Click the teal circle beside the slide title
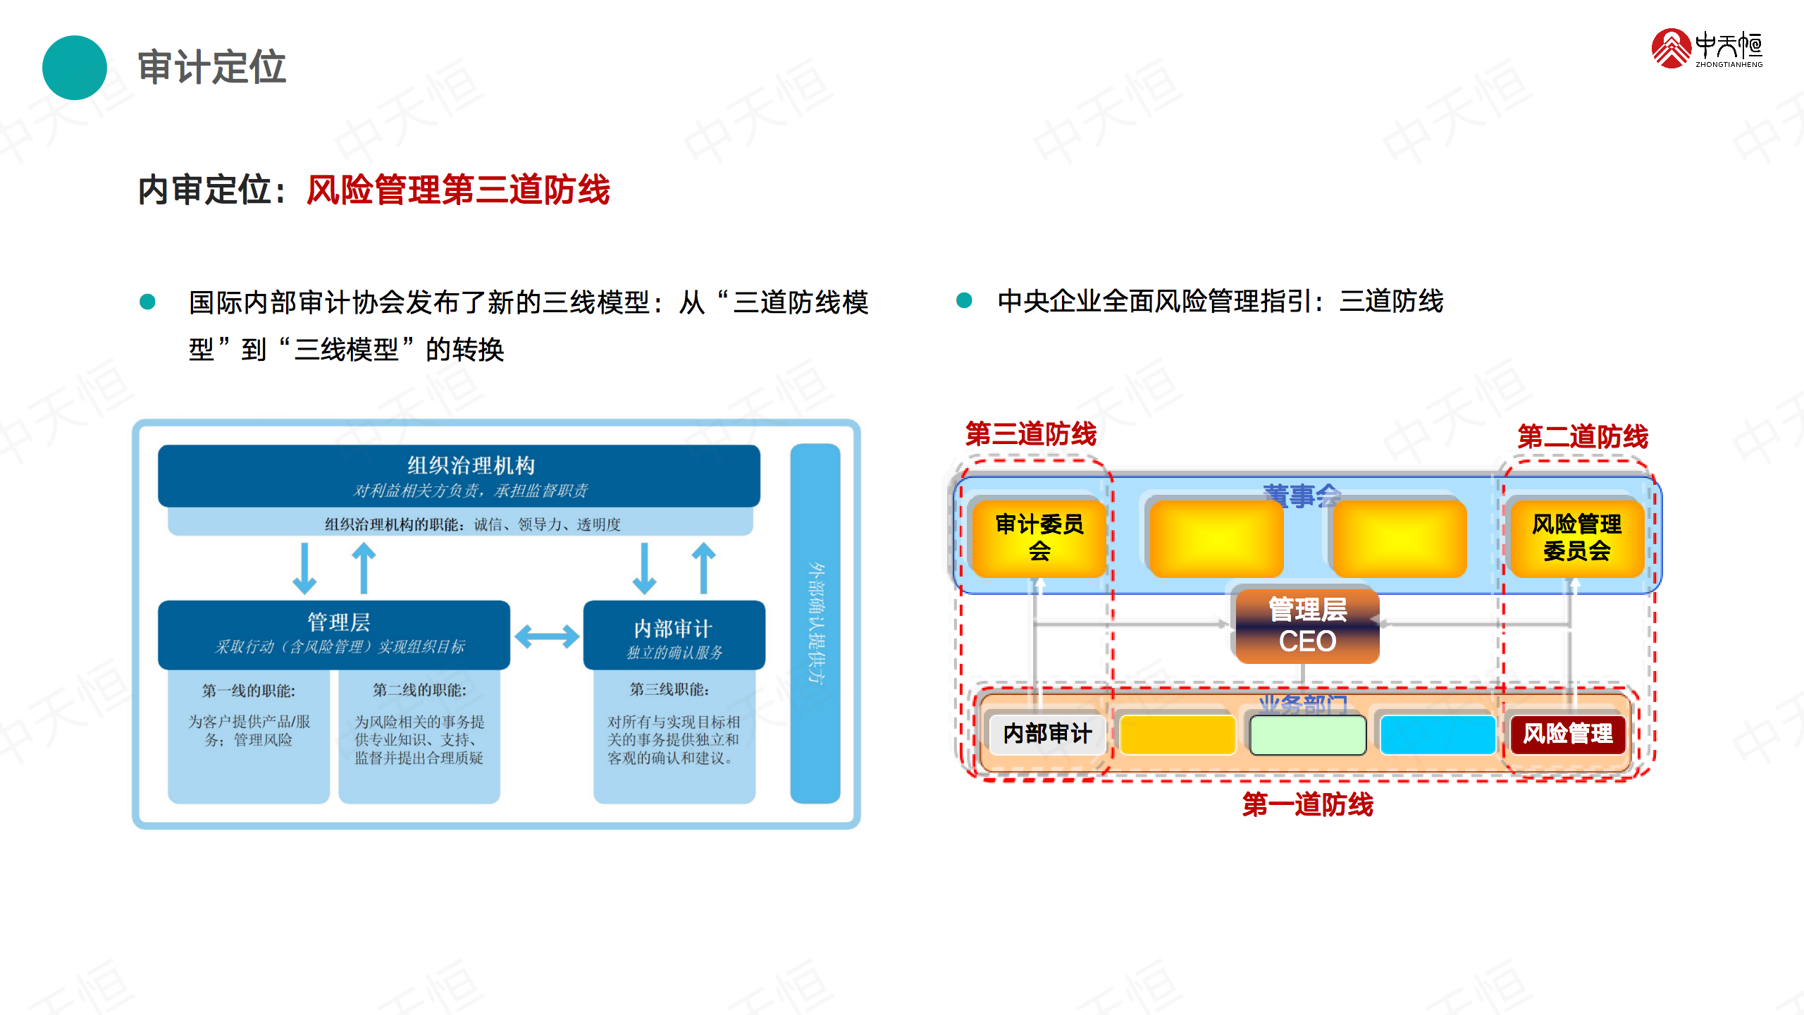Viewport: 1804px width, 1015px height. pos(74,68)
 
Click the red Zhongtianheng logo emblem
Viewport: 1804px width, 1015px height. pos(1671,48)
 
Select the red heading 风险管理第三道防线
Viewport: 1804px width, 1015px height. pos(458,190)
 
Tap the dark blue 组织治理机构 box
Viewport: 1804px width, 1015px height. pos(459,476)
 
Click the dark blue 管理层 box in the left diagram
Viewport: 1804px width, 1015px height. pos(334,634)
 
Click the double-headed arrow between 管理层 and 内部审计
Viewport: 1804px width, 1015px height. pos(547,637)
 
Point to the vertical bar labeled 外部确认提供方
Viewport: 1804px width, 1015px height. pos(815,624)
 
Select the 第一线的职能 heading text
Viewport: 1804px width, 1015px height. pos(249,691)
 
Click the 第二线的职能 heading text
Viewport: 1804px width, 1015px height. pos(419,690)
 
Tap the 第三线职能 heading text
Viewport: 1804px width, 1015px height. pos(669,689)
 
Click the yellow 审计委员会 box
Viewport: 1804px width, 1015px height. pos(1039,537)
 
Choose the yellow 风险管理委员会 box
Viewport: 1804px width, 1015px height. pos(1576,537)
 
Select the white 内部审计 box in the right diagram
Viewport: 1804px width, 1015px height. pos(1047,734)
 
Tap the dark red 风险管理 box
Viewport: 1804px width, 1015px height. pos(1568,734)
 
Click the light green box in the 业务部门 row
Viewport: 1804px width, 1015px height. pos(1307,734)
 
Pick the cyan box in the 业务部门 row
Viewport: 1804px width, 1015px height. pos(1438,734)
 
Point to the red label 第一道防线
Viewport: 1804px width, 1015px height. pos(1307,804)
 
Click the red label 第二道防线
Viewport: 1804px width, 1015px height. pos(1583,437)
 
